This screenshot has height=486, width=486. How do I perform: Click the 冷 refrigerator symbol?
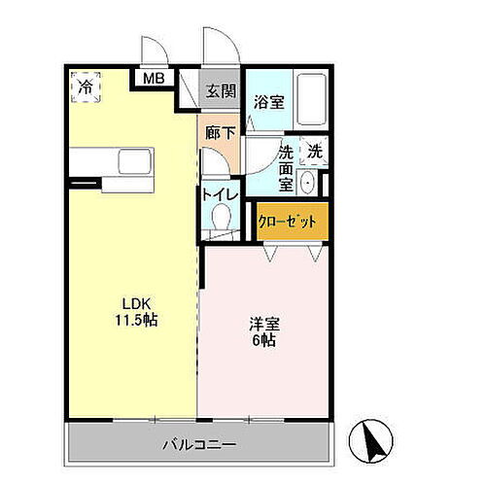(x=86, y=87)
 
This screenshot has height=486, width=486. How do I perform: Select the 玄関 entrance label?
(x=220, y=91)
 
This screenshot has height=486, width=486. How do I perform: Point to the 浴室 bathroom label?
(x=268, y=100)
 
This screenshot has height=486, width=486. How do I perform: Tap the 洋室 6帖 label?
(x=261, y=331)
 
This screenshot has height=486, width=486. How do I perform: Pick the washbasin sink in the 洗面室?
(x=308, y=182)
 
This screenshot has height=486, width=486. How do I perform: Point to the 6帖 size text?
(x=261, y=341)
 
